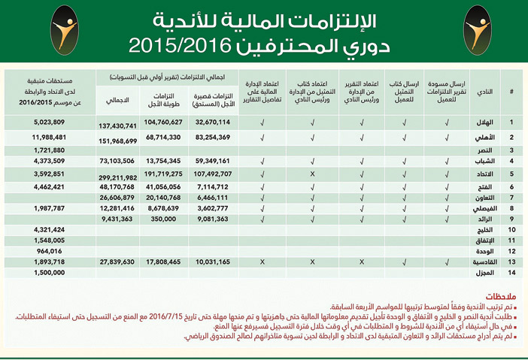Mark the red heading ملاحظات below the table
[x=493, y=296]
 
